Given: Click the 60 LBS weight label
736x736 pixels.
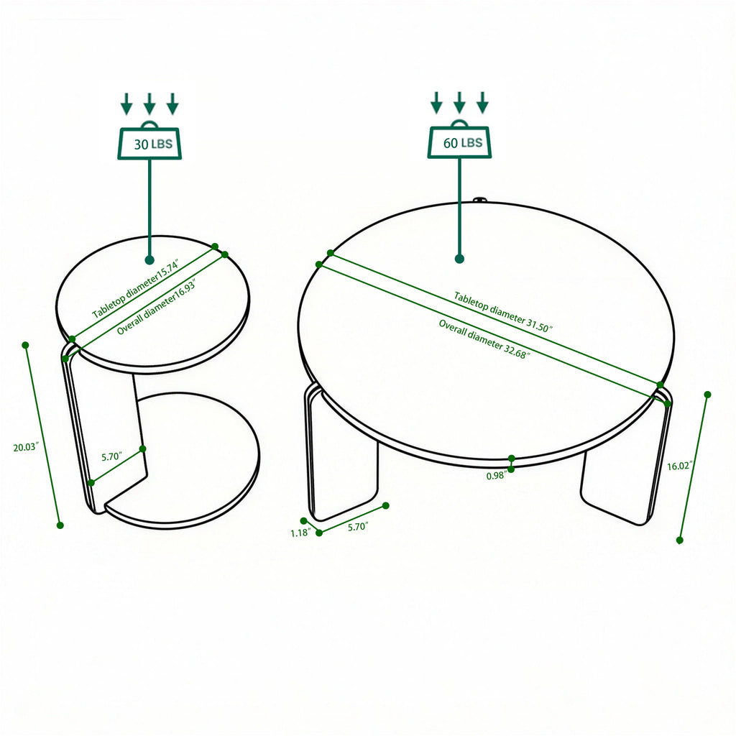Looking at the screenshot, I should pos(460,143).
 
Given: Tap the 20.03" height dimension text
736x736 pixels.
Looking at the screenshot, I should pos(26,447).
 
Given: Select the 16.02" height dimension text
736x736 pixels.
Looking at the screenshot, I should pos(679,466).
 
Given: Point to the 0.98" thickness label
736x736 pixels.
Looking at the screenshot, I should pos(496,476).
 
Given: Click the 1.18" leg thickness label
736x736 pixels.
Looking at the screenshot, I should pos(300,533).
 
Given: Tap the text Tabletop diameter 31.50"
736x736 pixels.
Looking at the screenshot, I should pos(502,311).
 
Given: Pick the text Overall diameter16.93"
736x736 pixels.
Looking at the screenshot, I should pos(156,307).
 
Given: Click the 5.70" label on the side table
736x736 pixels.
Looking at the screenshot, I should pos(111,456).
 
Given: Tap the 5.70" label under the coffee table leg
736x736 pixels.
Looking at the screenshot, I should pos(357,527).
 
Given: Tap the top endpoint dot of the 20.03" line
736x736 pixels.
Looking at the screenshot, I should pos(26,345).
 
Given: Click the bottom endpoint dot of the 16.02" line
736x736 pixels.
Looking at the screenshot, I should pos(680,540).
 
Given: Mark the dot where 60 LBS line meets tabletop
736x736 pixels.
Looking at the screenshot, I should pos(459,258).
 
